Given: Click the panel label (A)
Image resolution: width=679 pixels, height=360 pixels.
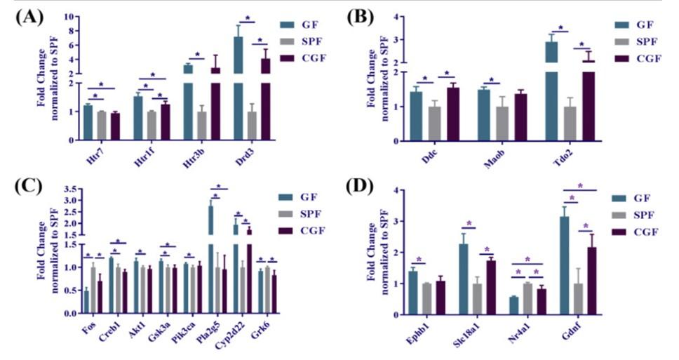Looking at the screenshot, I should [x=29, y=18].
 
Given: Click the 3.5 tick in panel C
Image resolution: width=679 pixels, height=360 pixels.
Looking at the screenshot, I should [x=69, y=189].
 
